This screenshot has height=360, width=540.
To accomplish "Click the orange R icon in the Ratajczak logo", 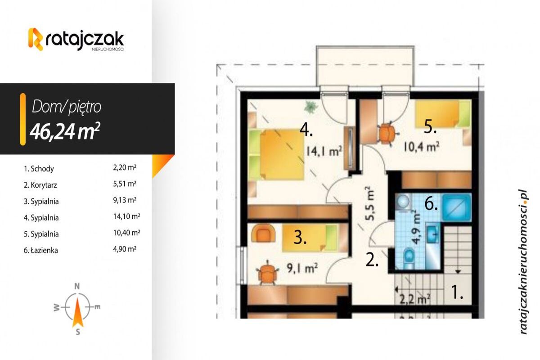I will (36, 39).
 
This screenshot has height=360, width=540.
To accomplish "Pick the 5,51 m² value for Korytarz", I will (125, 184).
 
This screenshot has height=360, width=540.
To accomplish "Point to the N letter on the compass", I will (77, 286).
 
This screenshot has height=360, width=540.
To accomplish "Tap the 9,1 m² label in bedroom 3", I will (303, 269).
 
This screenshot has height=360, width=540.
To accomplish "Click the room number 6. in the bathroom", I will (431, 204).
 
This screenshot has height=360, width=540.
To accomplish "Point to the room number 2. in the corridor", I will (372, 260).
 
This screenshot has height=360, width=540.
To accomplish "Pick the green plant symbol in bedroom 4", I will (310, 107).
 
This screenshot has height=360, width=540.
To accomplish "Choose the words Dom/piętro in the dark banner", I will (67, 107).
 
